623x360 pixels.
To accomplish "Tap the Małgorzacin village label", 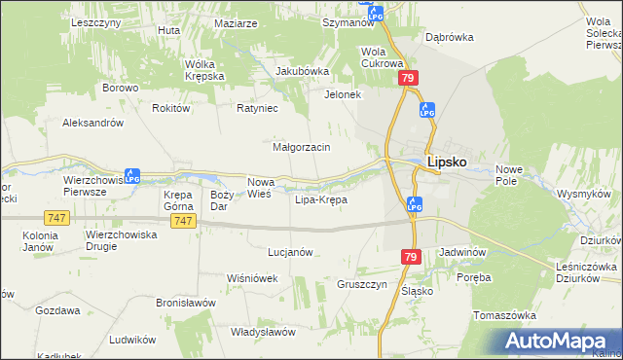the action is point(303,147).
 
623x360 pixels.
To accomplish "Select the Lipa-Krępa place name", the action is point(320,200).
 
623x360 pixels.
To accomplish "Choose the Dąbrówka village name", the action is point(449,37).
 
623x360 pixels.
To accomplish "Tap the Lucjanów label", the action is point(289,252).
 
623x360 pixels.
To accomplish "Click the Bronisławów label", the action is point(185,303).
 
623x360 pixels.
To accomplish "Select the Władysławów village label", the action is point(263,332).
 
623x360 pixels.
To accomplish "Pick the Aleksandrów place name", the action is point(92,124).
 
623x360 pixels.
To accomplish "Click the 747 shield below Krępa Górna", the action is point(182,222).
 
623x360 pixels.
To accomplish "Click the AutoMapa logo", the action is point(561,341).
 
